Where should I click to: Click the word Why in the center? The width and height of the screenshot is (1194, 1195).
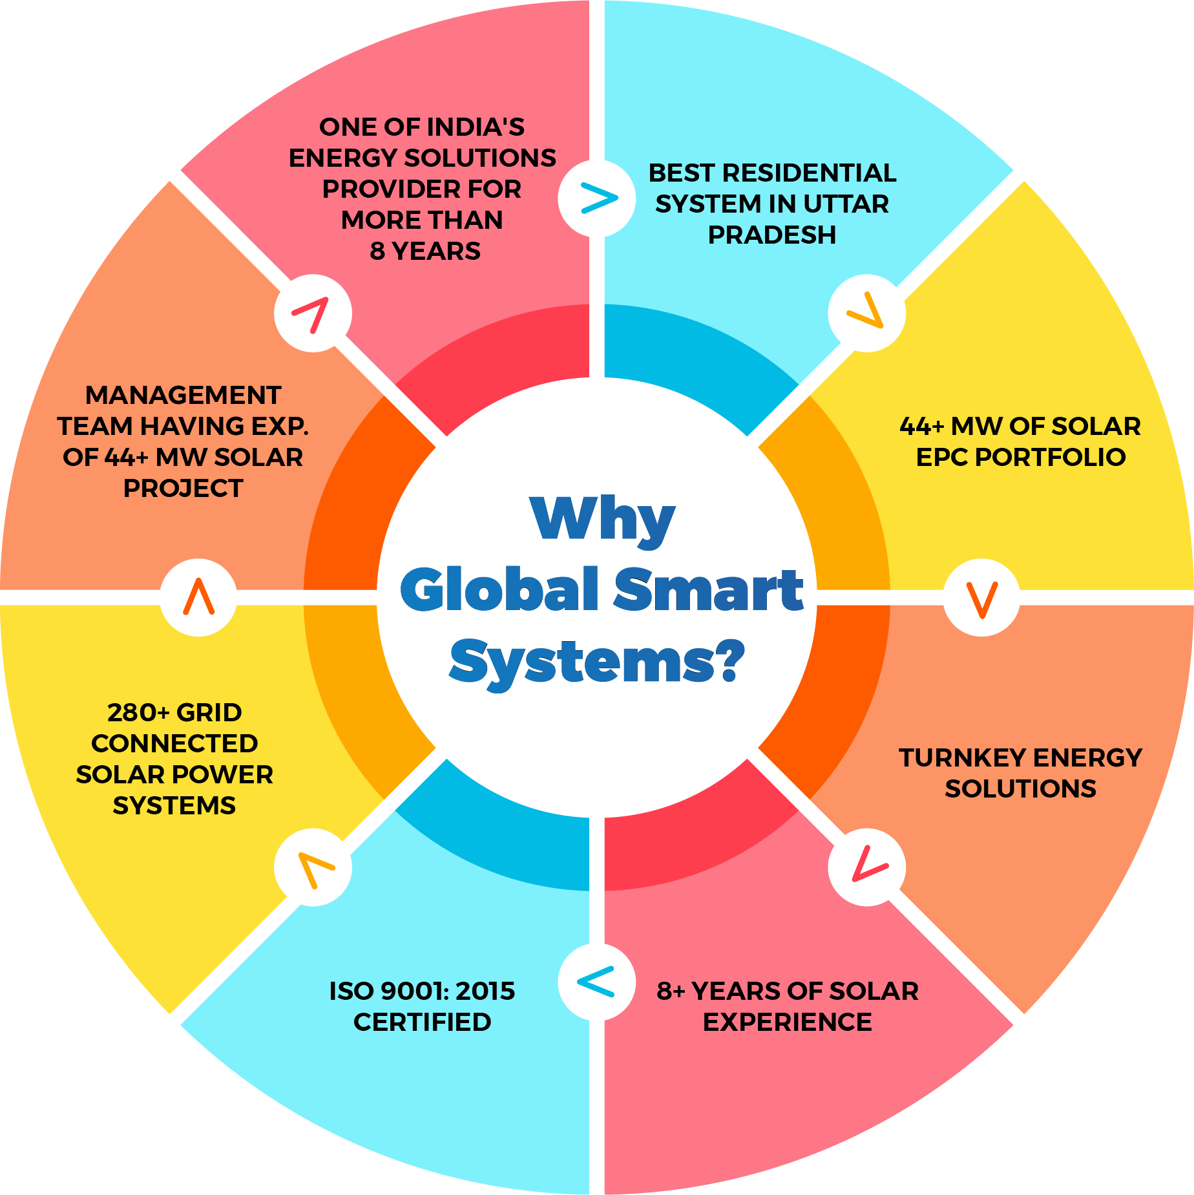[602, 521]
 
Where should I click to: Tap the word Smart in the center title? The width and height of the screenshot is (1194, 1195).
[708, 589]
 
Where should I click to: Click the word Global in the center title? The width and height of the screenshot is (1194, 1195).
[499, 589]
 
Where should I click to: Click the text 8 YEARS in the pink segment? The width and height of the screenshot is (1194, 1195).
[425, 251]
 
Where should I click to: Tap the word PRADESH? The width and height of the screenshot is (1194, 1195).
[771, 235]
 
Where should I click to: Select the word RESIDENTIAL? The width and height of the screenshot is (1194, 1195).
[809, 173]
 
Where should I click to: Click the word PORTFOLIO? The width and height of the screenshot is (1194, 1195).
[1050, 458]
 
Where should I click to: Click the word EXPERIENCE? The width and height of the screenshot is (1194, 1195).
[787, 1022]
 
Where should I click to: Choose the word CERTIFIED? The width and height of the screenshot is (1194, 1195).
[422, 1022]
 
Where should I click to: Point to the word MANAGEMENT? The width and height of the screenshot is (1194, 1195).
[183, 396]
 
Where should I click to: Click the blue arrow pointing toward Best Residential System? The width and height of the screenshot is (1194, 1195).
[598, 198]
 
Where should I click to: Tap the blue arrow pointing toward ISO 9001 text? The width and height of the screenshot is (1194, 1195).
[596, 982]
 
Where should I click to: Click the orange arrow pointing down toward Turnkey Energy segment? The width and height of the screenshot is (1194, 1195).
[981, 598]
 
